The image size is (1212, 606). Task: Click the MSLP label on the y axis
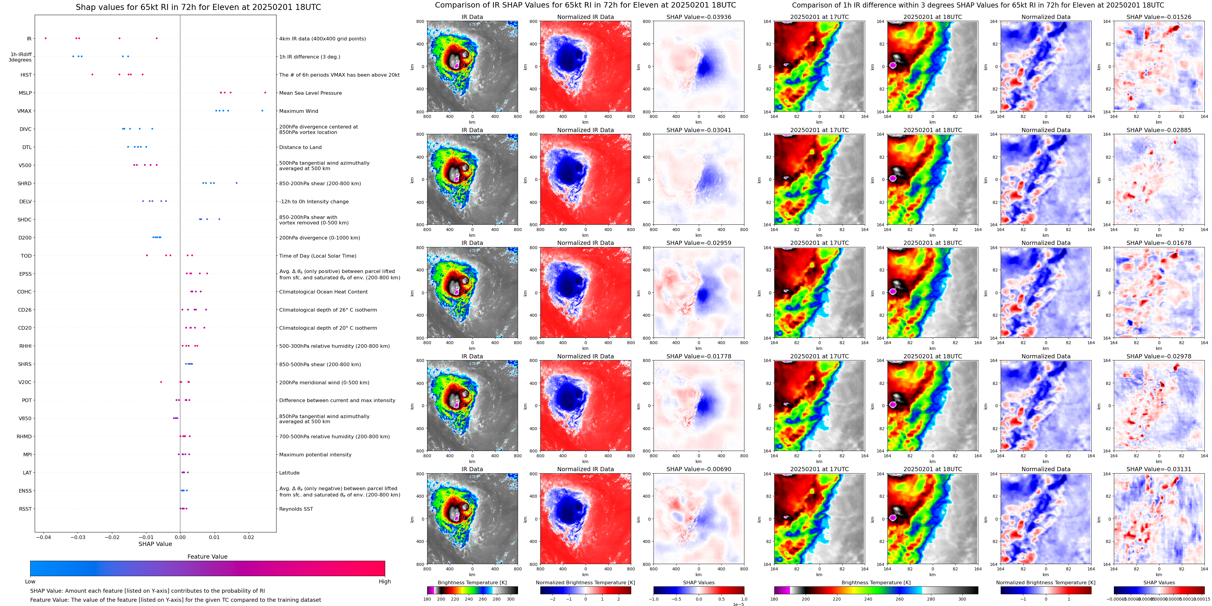pos(25,93)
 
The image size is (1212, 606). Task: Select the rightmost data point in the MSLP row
pos(265,93)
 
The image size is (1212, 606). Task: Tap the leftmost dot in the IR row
pos(46,38)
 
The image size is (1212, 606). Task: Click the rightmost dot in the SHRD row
pos(236,183)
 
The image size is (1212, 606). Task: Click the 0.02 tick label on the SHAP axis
pos(248,537)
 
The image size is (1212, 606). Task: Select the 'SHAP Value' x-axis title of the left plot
pos(155,544)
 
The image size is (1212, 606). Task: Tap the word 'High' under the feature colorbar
pos(384,582)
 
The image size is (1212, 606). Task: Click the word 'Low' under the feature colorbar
pos(30,582)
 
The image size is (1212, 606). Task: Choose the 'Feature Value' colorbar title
pos(207,557)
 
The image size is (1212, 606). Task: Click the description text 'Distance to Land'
pos(300,147)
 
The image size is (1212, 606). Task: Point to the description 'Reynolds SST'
pos(296,509)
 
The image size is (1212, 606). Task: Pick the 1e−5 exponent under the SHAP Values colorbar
pos(738,604)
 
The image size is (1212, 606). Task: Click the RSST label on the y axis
pos(25,509)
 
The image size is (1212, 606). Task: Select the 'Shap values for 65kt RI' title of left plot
pos(198,7)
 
